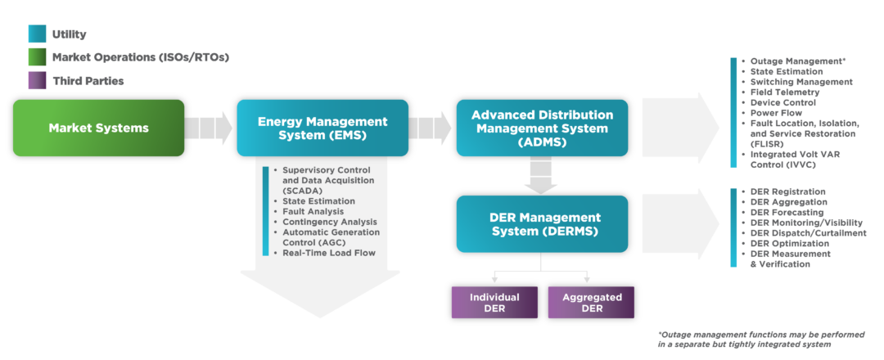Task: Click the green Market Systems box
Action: [x=98, y=128]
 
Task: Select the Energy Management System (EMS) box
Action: [x=322, y=128]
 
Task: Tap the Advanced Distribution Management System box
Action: [x=542, y=128]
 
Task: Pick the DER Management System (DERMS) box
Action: [x=542, y=223]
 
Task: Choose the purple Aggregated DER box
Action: [x=592, y=303]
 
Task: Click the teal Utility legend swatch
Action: [x=37, y=34]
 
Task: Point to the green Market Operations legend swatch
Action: [x=37, y=57]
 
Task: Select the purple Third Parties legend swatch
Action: [x=37, y=81]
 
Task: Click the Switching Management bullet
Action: [x=801, y=82]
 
